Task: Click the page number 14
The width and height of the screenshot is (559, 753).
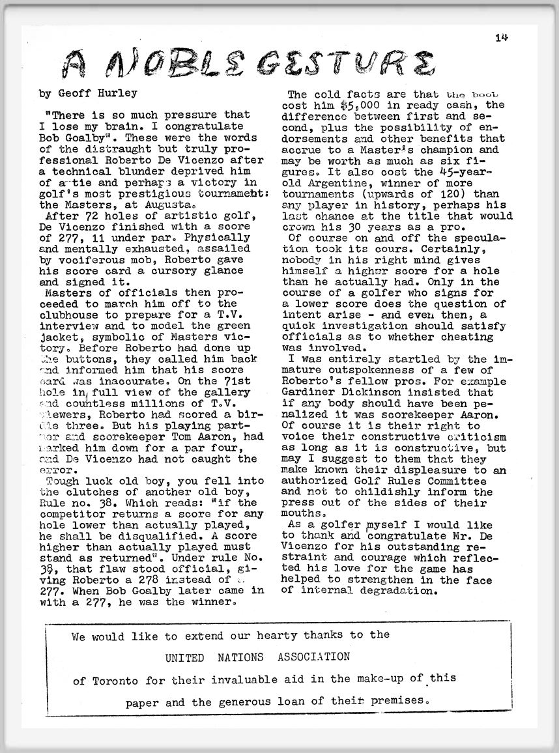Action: [x=502, y=37]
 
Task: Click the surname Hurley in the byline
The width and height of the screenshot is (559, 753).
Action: [x=120, y=93]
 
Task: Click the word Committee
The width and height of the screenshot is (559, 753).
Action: [x=451, y=481]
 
